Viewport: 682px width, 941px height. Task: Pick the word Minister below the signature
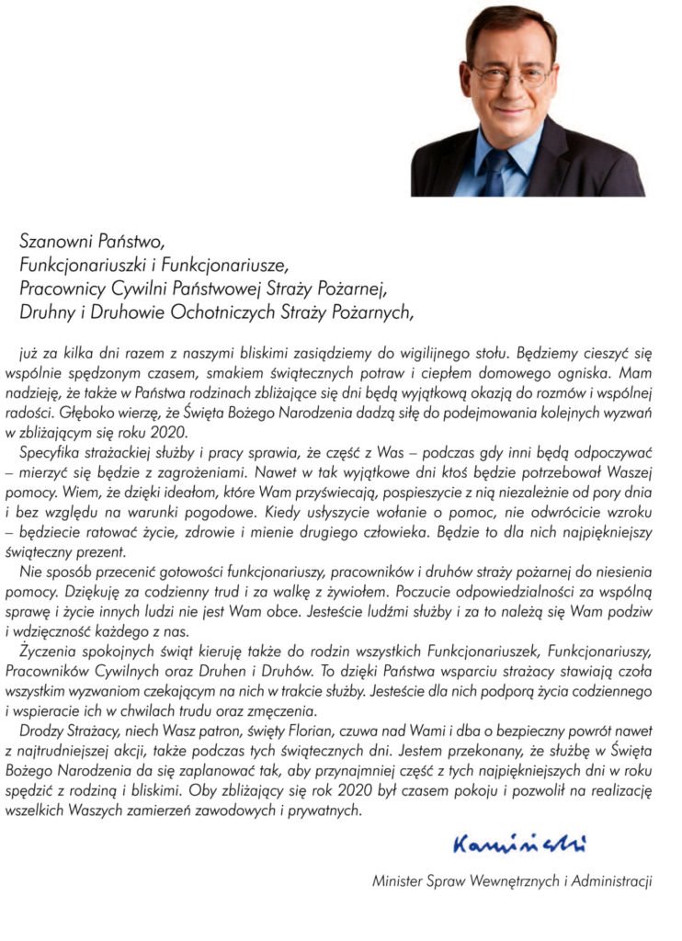pos(398,881)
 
